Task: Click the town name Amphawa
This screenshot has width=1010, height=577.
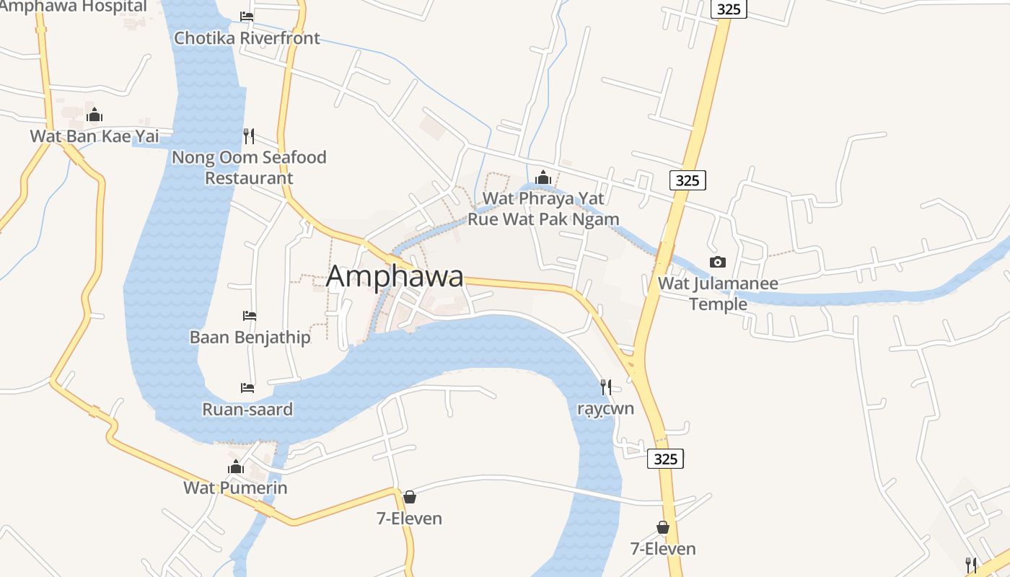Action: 395,276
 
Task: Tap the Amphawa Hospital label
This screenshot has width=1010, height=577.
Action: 74,6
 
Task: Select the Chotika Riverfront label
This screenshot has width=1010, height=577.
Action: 247,38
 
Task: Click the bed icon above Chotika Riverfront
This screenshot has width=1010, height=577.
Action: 247,16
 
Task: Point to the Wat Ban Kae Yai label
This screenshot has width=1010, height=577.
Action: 94,136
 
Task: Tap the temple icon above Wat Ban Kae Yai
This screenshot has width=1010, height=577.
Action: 95,115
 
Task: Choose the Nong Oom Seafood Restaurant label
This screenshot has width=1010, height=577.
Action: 249,167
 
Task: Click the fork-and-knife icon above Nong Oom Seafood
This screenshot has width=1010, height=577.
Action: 249,136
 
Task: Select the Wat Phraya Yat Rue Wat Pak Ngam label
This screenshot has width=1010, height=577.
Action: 543,208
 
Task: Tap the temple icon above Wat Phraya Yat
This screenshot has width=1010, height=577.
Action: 543,177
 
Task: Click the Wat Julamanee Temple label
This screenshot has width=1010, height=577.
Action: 718,293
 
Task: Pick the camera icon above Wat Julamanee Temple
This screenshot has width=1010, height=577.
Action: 717,262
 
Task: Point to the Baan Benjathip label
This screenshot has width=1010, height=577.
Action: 250,337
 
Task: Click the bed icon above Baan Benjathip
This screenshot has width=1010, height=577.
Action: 250,316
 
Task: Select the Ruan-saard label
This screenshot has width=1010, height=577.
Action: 247,410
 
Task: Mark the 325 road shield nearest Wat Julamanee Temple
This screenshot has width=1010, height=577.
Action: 687,180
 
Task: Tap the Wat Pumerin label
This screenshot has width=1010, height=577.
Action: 235,488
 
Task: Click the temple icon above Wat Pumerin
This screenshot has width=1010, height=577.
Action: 236,467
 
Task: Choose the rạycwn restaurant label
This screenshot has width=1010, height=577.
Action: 605,408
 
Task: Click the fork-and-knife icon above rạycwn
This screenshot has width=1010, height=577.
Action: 606,387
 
